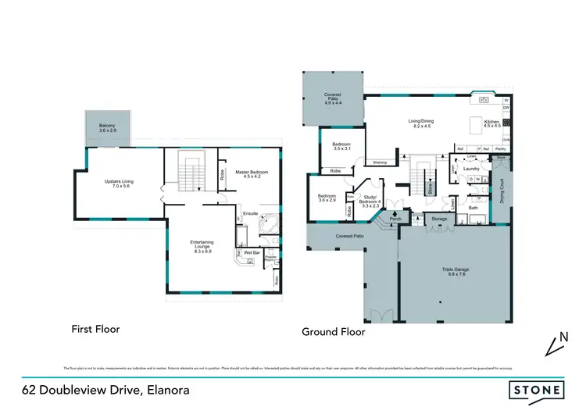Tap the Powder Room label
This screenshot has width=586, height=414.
271,259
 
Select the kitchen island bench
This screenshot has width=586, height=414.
475,125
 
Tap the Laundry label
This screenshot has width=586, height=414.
471,168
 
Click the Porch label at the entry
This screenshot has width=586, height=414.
395,219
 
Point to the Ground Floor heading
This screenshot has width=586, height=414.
334,331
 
